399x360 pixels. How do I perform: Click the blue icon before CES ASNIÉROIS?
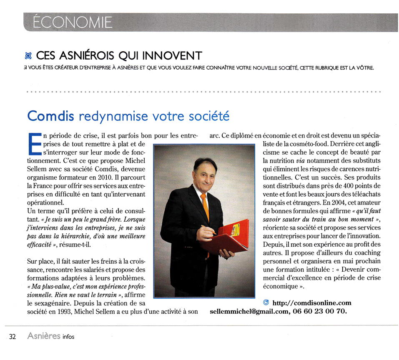point(28,55)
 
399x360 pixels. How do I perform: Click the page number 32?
point(13,337)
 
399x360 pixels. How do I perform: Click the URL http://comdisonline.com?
point(311,303)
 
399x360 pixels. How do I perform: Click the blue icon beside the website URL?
point(266,302)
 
